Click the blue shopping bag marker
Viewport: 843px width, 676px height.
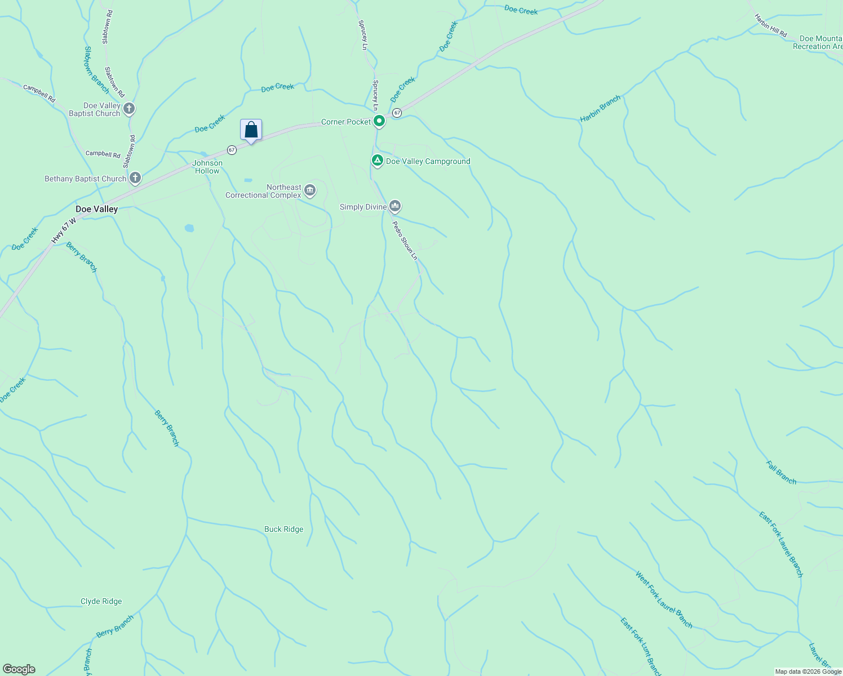click(251, 130)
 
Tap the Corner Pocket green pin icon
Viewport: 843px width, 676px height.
click(380, 121)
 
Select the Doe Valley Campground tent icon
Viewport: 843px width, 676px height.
click(377, 161)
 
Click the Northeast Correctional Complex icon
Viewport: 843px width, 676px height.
click(310, 191)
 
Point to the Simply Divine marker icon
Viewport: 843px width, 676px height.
click(395, 207)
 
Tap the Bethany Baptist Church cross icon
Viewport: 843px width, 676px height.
click(135, 179)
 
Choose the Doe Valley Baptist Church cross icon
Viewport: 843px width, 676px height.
click(129, 109)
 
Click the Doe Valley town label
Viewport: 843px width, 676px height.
click(97, 209)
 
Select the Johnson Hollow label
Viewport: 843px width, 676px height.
click(208, 167)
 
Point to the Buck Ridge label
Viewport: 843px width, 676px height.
click(284, 529)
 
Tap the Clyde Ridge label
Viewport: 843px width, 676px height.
click(101, 601)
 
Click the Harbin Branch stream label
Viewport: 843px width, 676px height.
click(601, 108)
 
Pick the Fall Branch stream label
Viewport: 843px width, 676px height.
click(782, 472)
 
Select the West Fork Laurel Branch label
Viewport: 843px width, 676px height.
click(664, 599)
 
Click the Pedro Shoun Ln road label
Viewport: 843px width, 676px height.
click(405, 240)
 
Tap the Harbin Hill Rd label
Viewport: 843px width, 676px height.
click(771, 26)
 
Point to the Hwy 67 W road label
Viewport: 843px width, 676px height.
click(64, 225)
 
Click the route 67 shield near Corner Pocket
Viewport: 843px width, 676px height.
click(397, 113)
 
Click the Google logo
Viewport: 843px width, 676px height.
click(19, 669)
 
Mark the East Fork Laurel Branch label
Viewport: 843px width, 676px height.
click(780, 544)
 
